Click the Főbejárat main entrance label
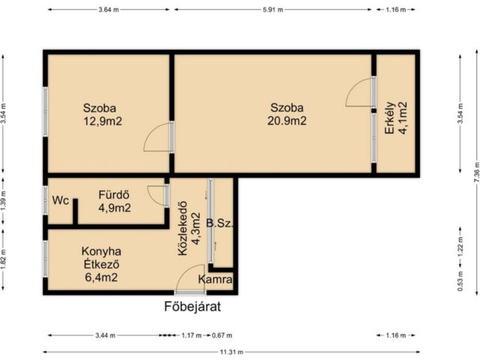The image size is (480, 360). point(192,307)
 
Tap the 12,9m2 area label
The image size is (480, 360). point(103,121)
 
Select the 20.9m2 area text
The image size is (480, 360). point(286,121)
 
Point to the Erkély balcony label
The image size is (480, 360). point(390,118)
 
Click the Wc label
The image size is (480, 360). point(60,200)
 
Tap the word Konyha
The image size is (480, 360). point(101,251)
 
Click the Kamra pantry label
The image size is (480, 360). point(215,279)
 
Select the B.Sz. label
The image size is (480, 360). point(220,223)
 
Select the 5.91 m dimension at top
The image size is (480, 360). point(273,10)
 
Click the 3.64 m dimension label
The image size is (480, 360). point(108,10)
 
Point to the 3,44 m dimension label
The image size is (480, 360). point(105,335)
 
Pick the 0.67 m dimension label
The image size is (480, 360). point(222,335)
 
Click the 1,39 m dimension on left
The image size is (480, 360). point(3,201)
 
